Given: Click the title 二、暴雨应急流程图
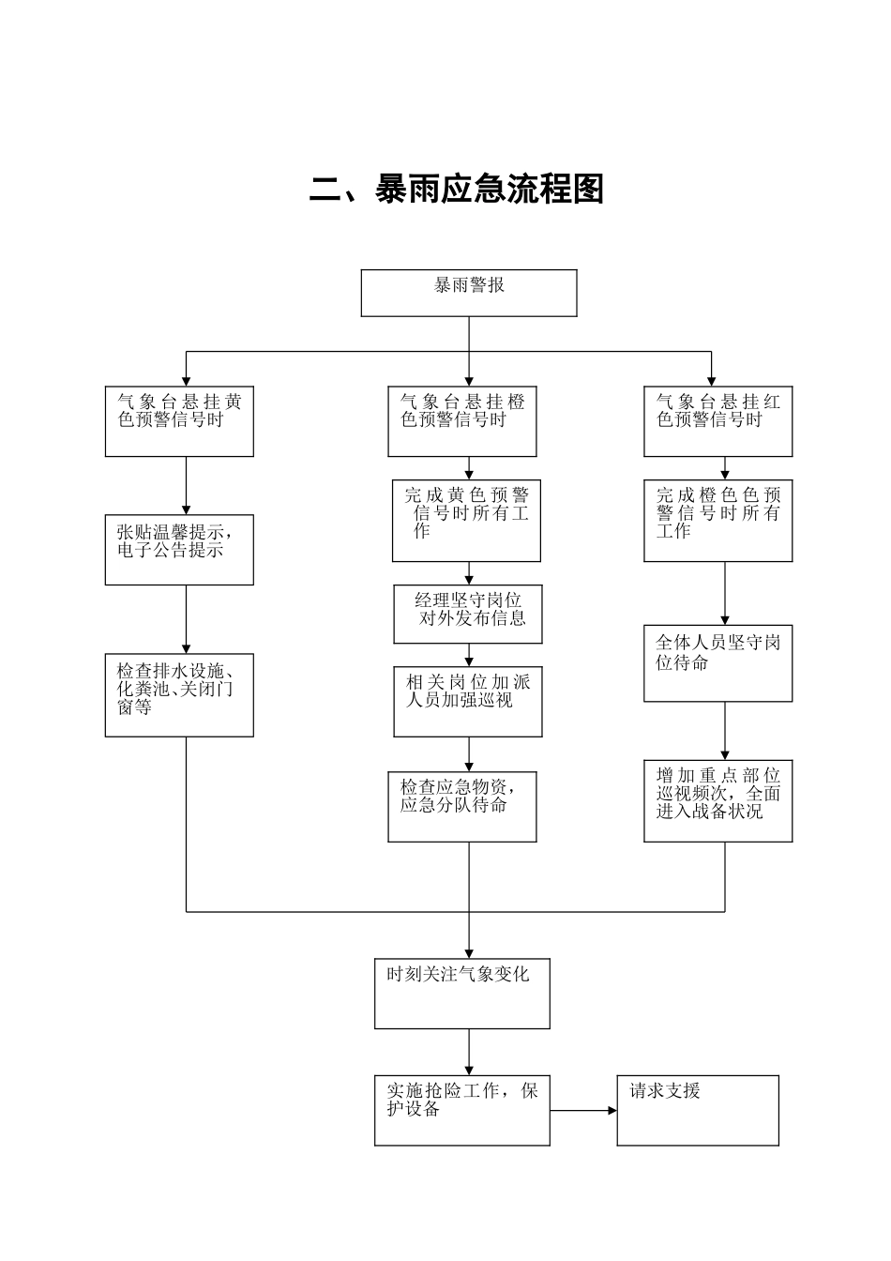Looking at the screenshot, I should click(x=457, y=190).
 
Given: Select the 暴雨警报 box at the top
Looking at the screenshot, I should click(x=469, y=293).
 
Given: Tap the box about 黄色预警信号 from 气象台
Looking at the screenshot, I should click(x=179, y=421).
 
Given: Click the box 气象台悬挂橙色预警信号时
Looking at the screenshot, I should click(x=462, y=421).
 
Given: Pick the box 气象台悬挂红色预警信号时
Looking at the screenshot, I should click(x=717, y=421).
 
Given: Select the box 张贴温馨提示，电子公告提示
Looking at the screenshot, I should click(x=179, y=549).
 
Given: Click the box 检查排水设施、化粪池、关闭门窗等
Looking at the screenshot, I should click(x=179, y=695).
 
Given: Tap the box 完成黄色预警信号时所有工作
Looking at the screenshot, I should click(x=466, y=521).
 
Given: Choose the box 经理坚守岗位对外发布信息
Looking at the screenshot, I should click(x=468, y=615).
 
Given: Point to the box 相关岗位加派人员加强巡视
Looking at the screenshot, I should click(x=468, y=701).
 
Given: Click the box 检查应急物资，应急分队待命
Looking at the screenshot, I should click(x=462, y=807).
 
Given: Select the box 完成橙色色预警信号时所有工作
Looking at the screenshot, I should click(x=717, y=521).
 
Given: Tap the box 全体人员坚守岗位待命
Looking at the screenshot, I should click(x=717, y=663).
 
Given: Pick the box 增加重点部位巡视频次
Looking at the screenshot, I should click(x=717, y=800).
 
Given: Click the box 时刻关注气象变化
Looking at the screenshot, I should click(x=462, y=994).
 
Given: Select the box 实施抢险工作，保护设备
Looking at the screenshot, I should click(x=462, y=1110).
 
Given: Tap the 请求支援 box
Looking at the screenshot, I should click(x=698, y=1110).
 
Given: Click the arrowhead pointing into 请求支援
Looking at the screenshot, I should click(x=612, y=1111).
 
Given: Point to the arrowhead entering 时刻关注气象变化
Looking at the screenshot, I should click(x=469, y=952).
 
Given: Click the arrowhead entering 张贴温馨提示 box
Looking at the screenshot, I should click(x=186, y=508).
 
